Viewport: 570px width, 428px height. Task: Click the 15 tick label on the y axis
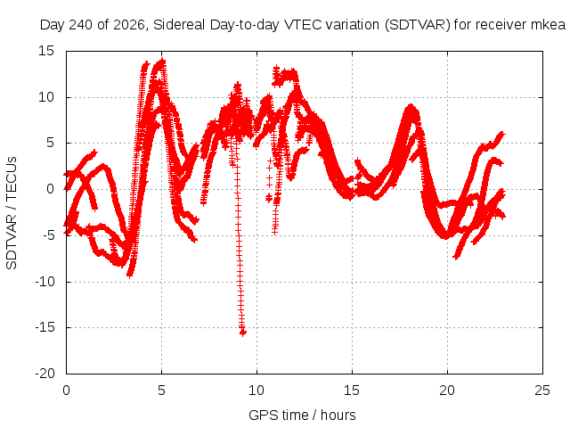click(x=46, y=51)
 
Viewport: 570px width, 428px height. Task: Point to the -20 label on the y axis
click(x=45, y=374)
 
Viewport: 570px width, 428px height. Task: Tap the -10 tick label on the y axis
click(x=45, y=282)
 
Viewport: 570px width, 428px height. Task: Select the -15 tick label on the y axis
click(x=45, y=327)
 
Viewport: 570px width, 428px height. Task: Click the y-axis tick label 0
click(x=50, y=189)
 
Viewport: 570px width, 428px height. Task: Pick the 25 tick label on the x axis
click(x=542, y=391)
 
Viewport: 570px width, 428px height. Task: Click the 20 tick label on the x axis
click(x=447, y=391)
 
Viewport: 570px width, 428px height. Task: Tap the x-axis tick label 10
click(x=256, y=391)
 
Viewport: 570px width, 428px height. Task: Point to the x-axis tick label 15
click(x=352, y=391)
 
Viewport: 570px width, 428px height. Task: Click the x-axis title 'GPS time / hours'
click(x=302, y=415)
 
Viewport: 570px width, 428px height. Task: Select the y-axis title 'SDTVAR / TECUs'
click(x=12, y=213)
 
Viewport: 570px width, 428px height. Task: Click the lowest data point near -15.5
click(x=243, y=332)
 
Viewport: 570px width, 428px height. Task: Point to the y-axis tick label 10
click(x=46, y=97)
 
